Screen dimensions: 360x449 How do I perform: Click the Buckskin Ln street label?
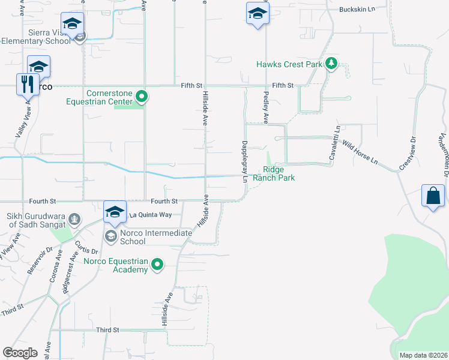pos(357,10)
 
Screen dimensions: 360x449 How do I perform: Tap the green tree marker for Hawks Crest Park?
pos(330,64)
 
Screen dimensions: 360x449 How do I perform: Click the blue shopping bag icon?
pos(433,196)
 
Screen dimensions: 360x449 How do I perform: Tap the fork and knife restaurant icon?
pos(27,84)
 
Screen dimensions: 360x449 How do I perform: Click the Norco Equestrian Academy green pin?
pos(157,264)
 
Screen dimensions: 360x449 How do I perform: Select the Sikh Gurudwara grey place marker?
pos(74,219)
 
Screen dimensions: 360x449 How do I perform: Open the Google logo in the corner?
pos(20,352)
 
